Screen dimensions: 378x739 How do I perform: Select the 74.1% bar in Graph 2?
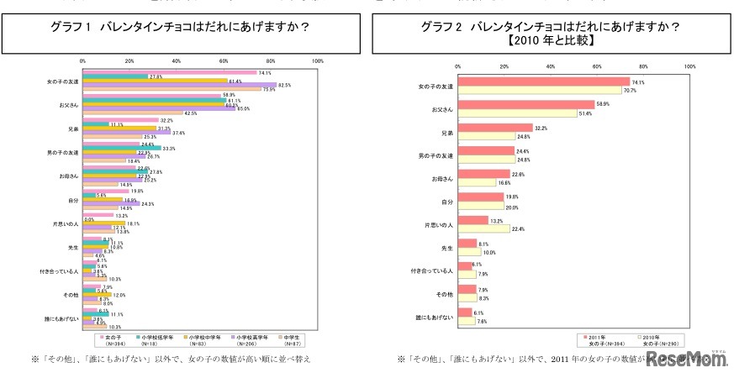click(543, 82)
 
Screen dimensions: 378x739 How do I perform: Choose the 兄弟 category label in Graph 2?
click(441, 132)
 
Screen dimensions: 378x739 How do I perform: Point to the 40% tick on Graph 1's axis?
click(177, 61)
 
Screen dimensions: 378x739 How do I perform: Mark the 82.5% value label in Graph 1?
click(284, 85)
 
